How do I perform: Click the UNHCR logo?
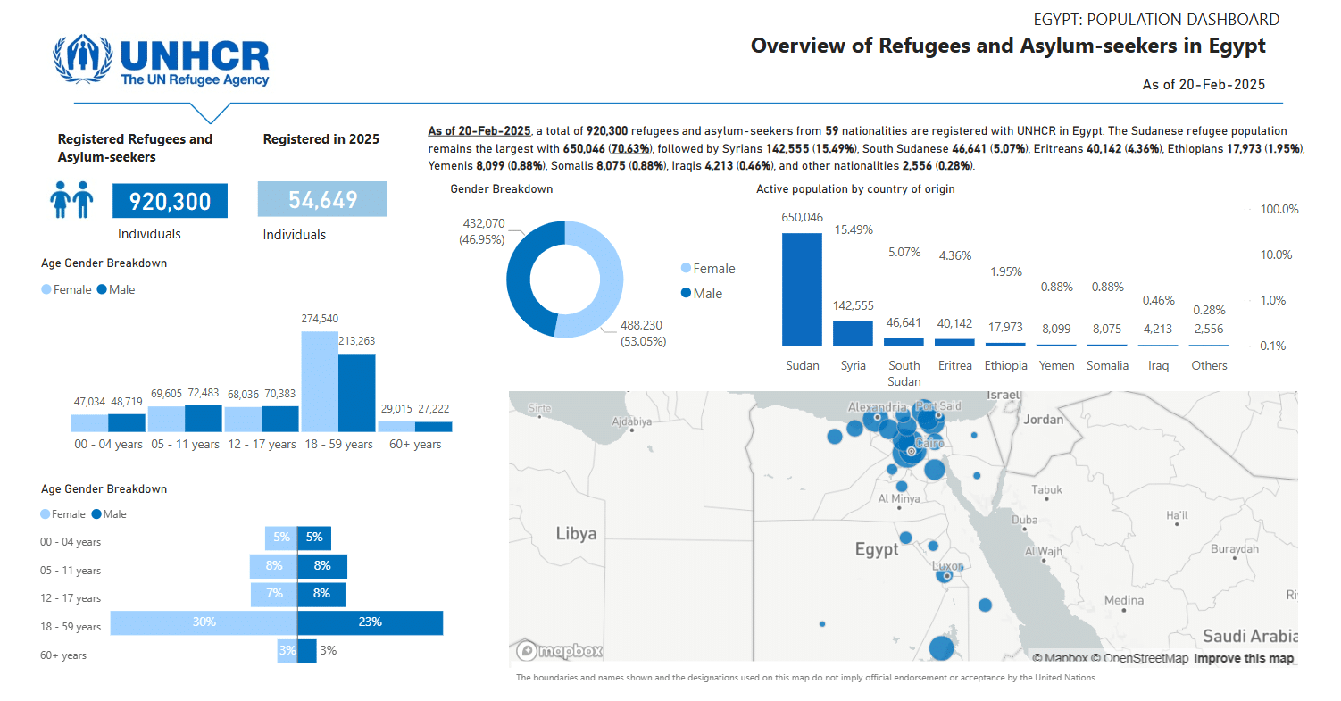(x=161, y=60)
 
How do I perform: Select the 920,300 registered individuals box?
(x=170, y=201)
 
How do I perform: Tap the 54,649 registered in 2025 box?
(x=322, y=200)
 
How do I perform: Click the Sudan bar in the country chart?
(x=802, y=289)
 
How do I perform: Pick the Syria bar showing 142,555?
(x=853, y=333)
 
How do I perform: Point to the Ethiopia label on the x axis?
(x=1005, y=365)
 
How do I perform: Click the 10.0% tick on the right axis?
(x=1274, y=255)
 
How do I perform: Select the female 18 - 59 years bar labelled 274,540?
(x=320, y=381)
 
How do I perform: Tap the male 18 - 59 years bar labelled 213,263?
(x=357, y=393)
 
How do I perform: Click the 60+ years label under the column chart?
(x=415, y=444)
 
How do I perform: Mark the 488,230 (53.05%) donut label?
(x=642, y=333)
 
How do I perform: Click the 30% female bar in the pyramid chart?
(x=204, y=622)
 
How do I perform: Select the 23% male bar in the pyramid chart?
(x=370, y=622)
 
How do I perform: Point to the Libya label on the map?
(x=576, y=533)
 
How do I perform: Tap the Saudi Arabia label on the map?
(x=1248, y=636)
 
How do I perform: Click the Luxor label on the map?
(x=947, y=566)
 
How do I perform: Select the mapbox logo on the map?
(x=560, y=651)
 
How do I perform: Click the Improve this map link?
(x=1244, y=658)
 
